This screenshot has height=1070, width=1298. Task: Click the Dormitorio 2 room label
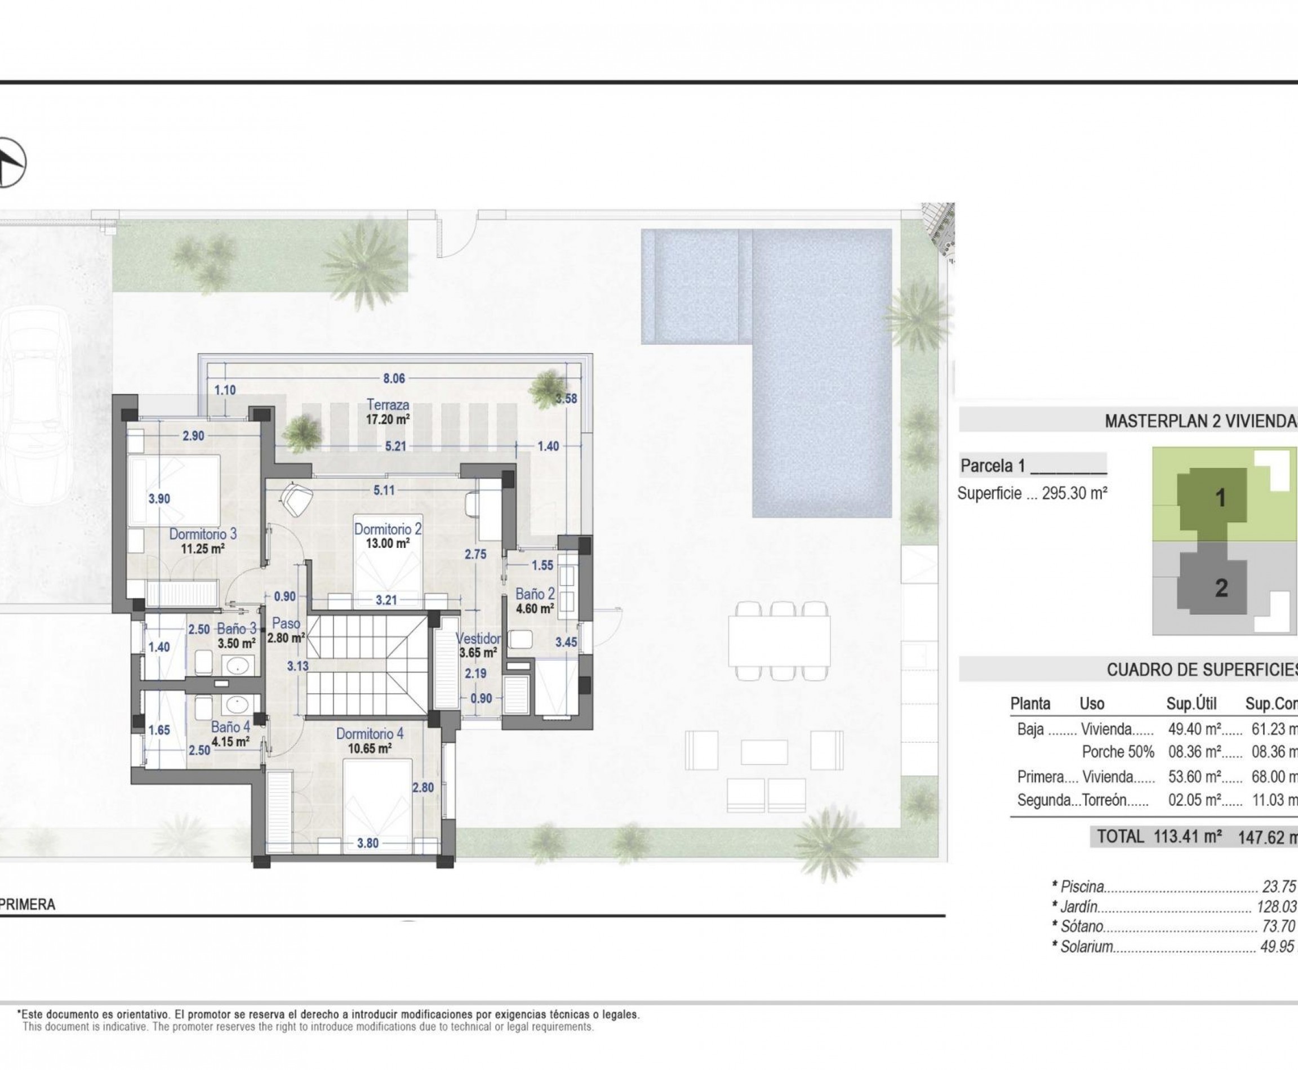tap(387, 529)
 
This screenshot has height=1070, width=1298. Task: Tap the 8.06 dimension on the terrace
tap(394, 378)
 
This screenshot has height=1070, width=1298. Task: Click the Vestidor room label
tap(478, 639)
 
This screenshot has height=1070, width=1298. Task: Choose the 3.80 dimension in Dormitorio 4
tap(367, 843)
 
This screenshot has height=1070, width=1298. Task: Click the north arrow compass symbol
tap(8, 163)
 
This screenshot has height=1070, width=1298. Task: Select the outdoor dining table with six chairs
tap(782, 641)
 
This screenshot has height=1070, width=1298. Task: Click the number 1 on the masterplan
tap(1220, 498)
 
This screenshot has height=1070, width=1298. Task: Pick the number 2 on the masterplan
tap(1221, 588)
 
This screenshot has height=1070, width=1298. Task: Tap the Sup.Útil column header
tap(1192, 704)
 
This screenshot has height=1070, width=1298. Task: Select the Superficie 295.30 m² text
tap(1032, 494)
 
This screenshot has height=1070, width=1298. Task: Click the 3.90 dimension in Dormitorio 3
tap(159, 498)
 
